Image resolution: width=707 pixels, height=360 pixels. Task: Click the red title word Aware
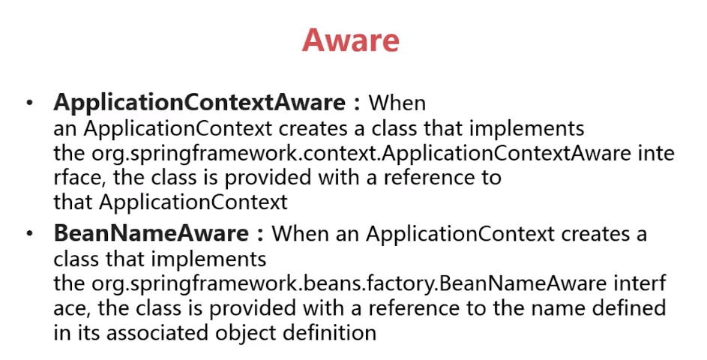tap(350, 40)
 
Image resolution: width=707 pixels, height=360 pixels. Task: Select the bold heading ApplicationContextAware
tap(199, 103)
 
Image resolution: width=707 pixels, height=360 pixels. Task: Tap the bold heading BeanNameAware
tap(151, 233)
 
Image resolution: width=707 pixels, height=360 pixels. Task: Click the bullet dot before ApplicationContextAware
tap(30, 103)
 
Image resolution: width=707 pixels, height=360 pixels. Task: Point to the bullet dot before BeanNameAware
tap(30, 234)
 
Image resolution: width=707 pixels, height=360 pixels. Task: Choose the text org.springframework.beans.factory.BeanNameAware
tap(349, 283)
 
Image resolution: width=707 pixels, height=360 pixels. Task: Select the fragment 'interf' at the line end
tap(640, 283)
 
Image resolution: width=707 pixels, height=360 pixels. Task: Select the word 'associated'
tap(157, 333)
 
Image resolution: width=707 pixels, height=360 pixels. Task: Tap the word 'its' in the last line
tap(85, 333)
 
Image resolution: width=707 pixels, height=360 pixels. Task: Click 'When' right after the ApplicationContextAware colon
tap(397, 103)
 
